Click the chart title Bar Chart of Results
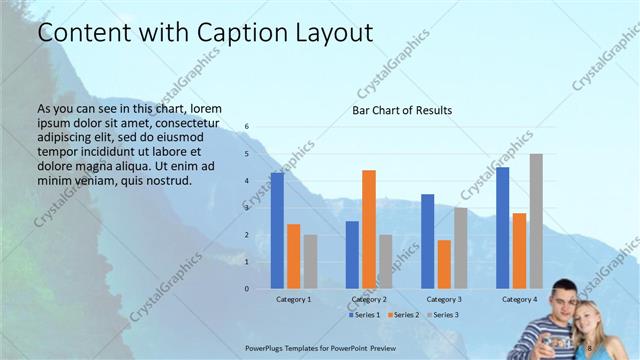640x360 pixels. tap(402, 110)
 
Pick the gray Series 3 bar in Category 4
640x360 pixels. tap(536, 221)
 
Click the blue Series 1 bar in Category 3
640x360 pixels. tap(427, 241)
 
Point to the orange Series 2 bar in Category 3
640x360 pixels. tap(444, 264)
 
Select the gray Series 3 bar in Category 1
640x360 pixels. tap(310, 262)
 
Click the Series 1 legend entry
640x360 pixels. tap(364, 315)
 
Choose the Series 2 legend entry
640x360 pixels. tap(402, 315)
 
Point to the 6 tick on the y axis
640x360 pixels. tap(247, 127)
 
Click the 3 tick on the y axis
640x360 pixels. tap(247, 208)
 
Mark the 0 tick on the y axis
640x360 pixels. tap(247, 289)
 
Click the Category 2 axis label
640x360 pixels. tap(369, 299)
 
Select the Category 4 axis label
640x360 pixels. tap(519, 299)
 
